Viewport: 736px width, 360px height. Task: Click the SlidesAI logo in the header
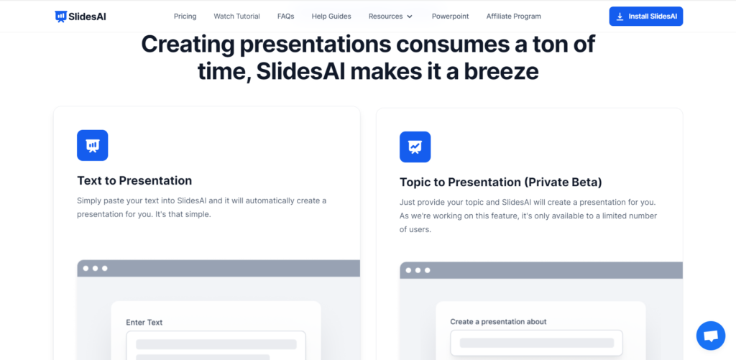[80, 17]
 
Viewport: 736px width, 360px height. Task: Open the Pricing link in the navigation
[185, 17]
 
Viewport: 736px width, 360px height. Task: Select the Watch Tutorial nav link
[236, 17]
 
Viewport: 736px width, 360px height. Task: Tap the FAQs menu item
[285, 17]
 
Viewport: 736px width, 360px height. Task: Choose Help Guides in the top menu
[331, 17]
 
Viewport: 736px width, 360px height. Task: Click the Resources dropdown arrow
[409, 17]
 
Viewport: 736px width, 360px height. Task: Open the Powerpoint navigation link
[450, 17]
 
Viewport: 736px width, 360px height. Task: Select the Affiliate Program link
[513, 17]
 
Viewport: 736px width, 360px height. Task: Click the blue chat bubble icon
[711, 336]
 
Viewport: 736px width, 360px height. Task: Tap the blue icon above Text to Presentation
[93, 145]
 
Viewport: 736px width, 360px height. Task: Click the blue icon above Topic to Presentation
[415, 147]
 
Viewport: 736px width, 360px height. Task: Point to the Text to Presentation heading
[134, 180]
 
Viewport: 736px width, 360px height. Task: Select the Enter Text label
[144, 323]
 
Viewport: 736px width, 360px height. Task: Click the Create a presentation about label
[499, 321]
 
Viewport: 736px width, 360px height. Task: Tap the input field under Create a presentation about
[536, 343]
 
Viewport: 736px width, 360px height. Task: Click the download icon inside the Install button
[620, 17]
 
